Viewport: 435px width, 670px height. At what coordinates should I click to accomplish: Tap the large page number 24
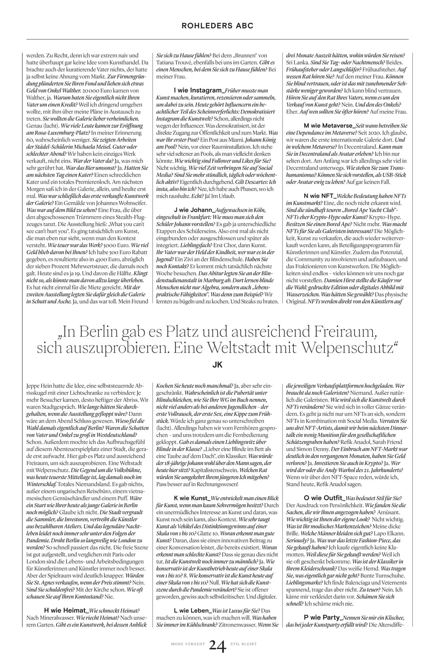[217, 645]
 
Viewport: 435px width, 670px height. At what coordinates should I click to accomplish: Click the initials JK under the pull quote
[217, 364]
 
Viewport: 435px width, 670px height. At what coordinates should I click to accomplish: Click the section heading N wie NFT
[317, 196]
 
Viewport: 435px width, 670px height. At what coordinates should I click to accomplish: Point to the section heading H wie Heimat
[66, 610]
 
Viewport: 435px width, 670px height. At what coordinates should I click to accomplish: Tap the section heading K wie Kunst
[192, 498]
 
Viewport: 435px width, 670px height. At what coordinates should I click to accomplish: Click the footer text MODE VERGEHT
[188, 644]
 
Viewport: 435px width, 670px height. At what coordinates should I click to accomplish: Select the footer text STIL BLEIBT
[243, 644]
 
